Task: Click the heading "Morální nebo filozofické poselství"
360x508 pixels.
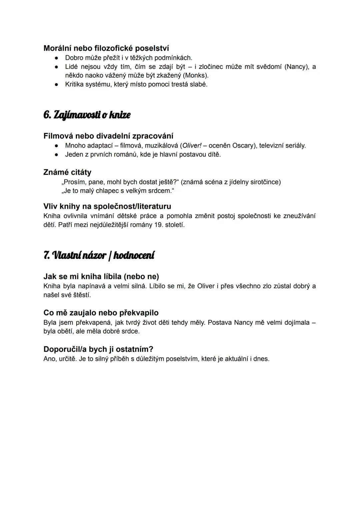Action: click(x=106, y=48)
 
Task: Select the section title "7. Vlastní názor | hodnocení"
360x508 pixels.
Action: click(x=99, y=255)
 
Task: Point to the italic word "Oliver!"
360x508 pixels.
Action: click(x=192, y=146)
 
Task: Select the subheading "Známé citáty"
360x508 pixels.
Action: click(x=67, y=172)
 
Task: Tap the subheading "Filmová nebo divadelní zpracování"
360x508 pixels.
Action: click(x=108, y=136)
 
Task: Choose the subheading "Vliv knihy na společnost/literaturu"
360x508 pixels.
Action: click(x=107, y=206)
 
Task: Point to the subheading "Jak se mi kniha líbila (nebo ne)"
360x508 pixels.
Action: click(x=101, y=276)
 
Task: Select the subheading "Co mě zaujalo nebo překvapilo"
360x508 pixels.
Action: click(x=101, y=313)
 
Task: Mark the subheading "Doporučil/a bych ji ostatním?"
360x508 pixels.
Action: click(x=98, y=349)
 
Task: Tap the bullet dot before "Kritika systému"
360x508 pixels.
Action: click(x=57, y=85)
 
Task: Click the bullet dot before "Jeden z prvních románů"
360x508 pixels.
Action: click(x=57, y=155)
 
